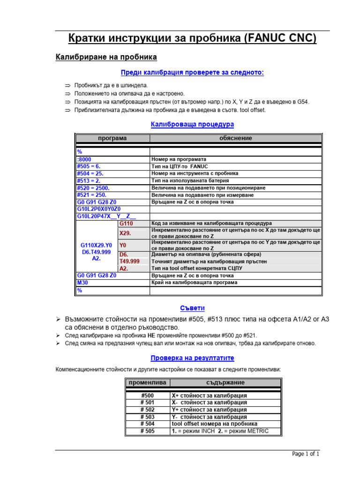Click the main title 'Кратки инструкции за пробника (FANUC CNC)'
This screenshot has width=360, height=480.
click(192, 38)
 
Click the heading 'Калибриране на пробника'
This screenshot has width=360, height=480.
click(106, 57)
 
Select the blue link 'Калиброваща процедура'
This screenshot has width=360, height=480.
click(192, 125)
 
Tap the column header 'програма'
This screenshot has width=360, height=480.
click(112, 138)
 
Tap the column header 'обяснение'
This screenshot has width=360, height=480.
click(235, 138)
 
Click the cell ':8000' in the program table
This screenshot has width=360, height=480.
click(85, 159)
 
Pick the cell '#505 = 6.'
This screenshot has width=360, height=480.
click(89, 166)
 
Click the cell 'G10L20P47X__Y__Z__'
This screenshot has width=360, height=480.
click(106, 217)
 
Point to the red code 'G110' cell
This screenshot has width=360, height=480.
click(126, 224)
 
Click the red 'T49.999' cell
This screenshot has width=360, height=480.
click(129, 262)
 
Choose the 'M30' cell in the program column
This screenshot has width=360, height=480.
click(82, 283)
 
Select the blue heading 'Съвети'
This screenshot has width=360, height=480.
click(192, 308)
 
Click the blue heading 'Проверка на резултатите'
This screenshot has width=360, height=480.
click(192, 358)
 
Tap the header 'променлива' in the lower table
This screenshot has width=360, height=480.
click(147, 382)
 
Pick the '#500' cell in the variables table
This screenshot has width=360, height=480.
click(147, 396)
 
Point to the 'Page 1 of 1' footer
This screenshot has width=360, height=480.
click(306, 454)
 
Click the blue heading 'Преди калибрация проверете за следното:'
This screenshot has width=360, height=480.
click(192, 73)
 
